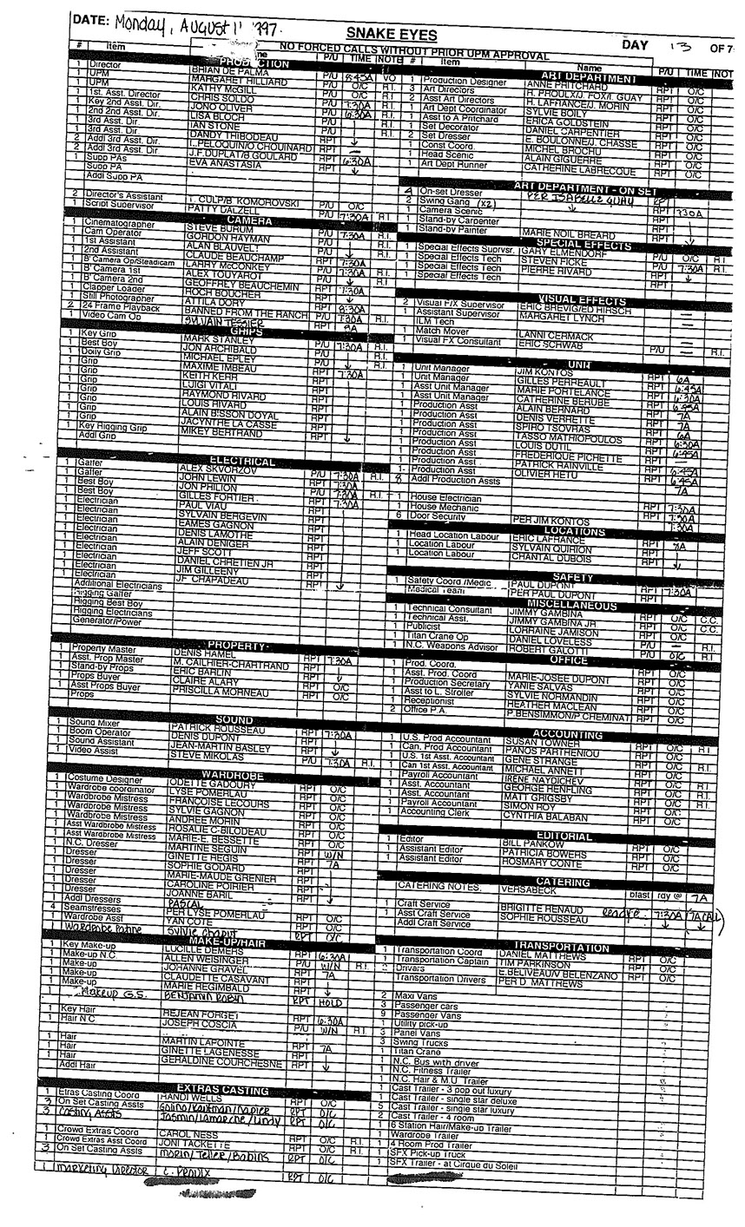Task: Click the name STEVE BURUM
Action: point(212,229)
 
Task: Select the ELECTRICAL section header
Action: point(242,462)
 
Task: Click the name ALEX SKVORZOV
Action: point(215,468)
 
